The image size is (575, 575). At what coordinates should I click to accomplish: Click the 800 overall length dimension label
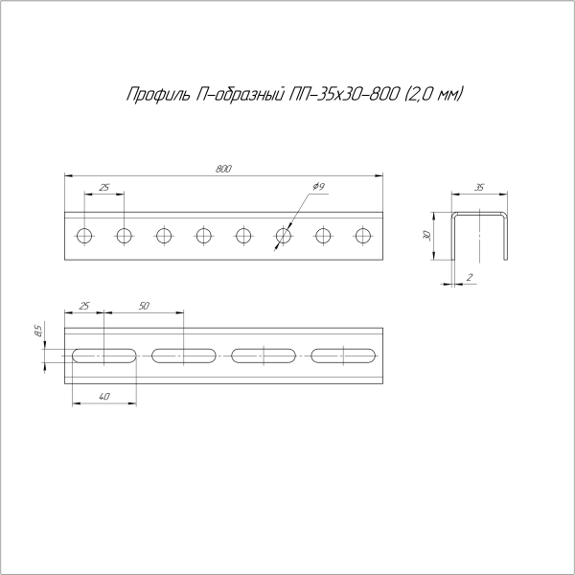[223, 169]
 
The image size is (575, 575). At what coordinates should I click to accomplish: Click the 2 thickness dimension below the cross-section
[469, 277]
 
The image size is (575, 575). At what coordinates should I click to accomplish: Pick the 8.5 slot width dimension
[37, 332]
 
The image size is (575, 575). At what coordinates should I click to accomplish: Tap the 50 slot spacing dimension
[144, 305]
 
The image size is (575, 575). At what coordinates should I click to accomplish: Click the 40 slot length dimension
[103, 396]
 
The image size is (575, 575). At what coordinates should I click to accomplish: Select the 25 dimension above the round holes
[103, 186]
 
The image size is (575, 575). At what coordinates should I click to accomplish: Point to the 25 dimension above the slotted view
[84, 305]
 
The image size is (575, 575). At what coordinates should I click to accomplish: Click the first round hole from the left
[84, 235]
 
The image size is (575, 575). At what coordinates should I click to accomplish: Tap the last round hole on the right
[363, 235]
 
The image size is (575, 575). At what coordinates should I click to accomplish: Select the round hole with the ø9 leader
[284, 235]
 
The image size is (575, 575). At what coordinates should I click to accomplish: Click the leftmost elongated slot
[104, 356]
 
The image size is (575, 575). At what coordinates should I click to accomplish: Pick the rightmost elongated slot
[344, 356]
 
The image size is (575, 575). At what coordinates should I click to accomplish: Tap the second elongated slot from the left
[184, 356]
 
